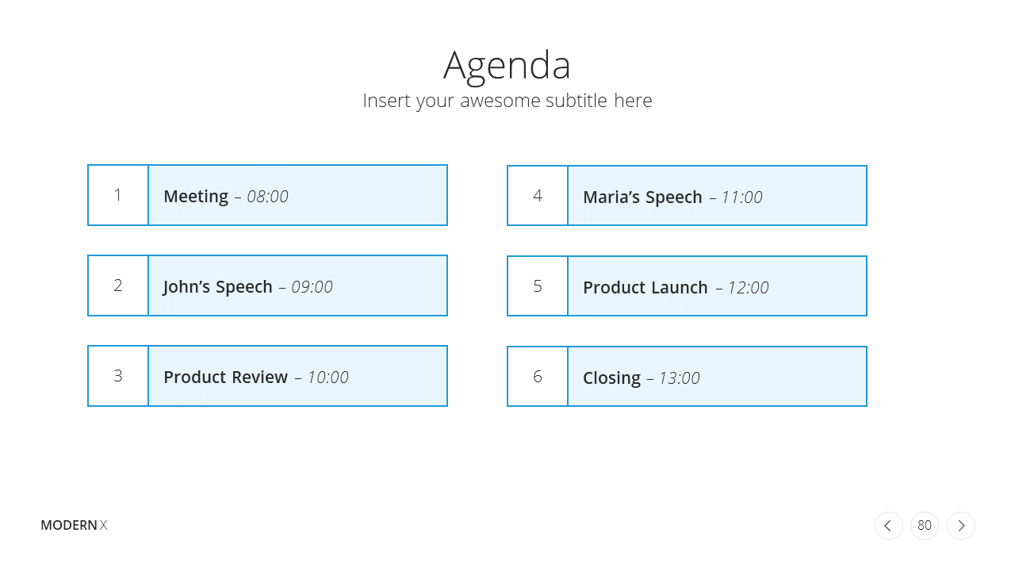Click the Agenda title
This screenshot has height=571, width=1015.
pos(507,67)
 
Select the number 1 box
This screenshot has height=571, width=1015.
pos(118,195)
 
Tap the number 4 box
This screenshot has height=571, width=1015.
pos(538,196)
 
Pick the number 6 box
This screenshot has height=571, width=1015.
pos(538,377)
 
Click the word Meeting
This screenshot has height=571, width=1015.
pos(196,197)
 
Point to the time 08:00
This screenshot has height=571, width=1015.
pos(267,197)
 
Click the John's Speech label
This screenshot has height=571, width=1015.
pos(217,287)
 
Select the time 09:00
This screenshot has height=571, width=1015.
pos(312,287)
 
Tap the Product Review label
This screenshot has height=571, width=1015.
pos(226,377)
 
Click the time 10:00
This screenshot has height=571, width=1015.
pos(328,377)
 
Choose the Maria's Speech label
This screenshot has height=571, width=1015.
pos(642,197)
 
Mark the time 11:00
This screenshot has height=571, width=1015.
pos(742,197)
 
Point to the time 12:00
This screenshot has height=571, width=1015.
pos(749,288)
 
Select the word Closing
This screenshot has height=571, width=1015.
pos(611,378)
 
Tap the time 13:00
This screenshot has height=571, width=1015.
pos(680,378)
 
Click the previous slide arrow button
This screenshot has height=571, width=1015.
pos(889,526)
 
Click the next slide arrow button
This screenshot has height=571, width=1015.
pos(961,526)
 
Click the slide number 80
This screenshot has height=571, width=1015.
pos(925,526)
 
